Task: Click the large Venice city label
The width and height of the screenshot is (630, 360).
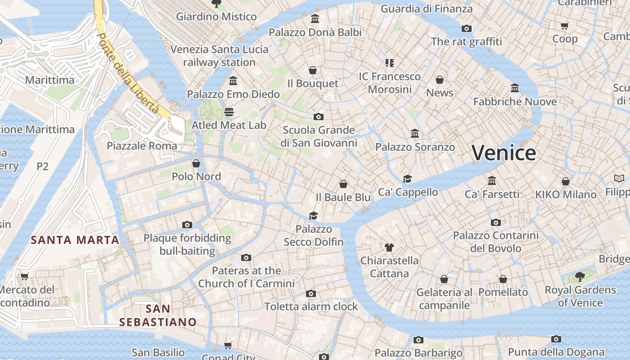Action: click(x=504, y=153)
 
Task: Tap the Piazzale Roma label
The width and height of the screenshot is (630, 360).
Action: click(x=142, y=146)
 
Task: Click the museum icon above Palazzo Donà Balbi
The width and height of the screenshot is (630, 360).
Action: click(x=315, y=19)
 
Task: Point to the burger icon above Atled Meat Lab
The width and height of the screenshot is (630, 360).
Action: click(x=229, y=112)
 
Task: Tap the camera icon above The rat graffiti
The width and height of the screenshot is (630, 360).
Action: click(x=467, y=28)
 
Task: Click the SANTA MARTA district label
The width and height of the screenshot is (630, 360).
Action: click(x=75, y=240)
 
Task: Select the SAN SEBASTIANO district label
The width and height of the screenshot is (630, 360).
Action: click(x=158, y=315)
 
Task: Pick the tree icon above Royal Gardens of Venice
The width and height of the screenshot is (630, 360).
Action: click(x=580, y=276)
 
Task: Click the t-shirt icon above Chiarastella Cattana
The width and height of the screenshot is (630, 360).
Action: click(x=389, y=247)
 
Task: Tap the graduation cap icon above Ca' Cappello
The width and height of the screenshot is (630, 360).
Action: click(x=408, y=179)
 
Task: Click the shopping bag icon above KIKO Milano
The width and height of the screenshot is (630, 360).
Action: click(x=566, y=181)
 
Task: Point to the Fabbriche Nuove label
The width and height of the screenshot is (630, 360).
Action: click(x=515, y=102)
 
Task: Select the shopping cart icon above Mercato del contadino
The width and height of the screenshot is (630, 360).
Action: click(x=24, y=276)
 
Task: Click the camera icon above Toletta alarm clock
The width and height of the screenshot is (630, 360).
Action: click(x=310, y=293)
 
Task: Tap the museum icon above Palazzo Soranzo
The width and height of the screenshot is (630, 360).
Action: click(x=415, y=134)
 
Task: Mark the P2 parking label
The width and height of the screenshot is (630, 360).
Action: click(x=42, y=166)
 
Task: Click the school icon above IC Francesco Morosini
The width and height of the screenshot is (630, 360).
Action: click(x=390, y=63)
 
